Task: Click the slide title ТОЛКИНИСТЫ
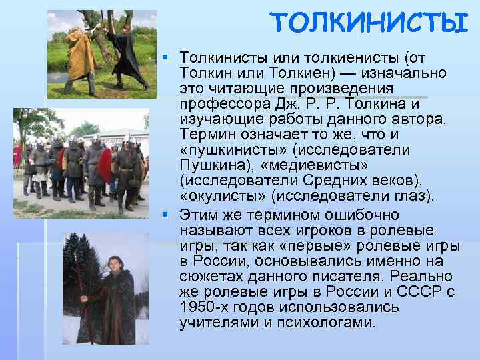pos(369,25)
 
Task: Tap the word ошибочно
pos(363,215)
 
